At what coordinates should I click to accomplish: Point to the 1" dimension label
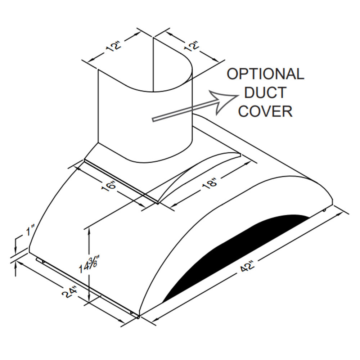click(x=30, y=230)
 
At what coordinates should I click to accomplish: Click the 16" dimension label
click(x=109, y=185)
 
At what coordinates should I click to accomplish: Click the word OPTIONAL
click(x=266, y=74)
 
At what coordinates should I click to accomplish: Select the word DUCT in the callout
click(x=265, y=92)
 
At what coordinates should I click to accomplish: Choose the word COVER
click(x=265, y=111)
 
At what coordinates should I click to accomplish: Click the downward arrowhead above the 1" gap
click(x=15, y=249)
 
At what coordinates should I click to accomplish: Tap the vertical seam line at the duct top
click(x=153, y=64)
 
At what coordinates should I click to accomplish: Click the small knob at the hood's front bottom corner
click(x=138, y=317)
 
